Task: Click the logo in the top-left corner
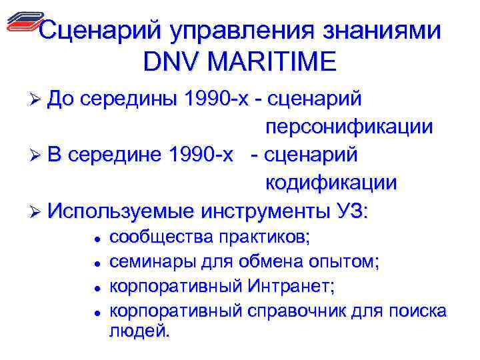click(x=24, y=23)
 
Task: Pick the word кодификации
click(x=331, y=182)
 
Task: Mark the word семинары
click(x=146, y=261)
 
